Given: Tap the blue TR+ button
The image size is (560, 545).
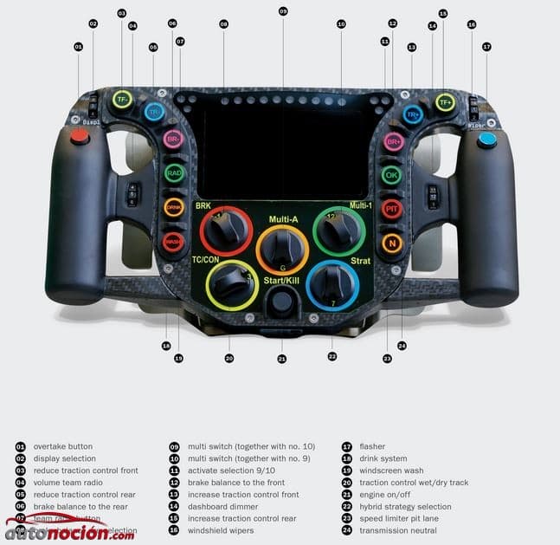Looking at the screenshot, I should [413, 114].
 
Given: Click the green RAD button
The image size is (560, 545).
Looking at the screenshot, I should [175, 173].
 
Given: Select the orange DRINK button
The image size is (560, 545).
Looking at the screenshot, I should [175, 208].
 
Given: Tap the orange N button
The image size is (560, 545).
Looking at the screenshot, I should [392, 243].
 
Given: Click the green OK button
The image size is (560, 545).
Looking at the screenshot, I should [392, 175].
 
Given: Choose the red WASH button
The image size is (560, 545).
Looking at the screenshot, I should [174, 242].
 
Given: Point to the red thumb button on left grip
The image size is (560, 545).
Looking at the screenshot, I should [80, 136].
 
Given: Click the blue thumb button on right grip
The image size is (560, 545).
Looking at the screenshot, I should [487, 139].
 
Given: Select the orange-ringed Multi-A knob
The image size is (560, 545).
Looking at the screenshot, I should [282, 250].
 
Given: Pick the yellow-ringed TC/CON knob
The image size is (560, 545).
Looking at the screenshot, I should [232, 283].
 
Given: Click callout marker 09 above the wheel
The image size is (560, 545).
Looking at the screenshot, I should [283, 11].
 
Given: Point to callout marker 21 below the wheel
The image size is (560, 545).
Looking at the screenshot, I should [281, 358].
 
